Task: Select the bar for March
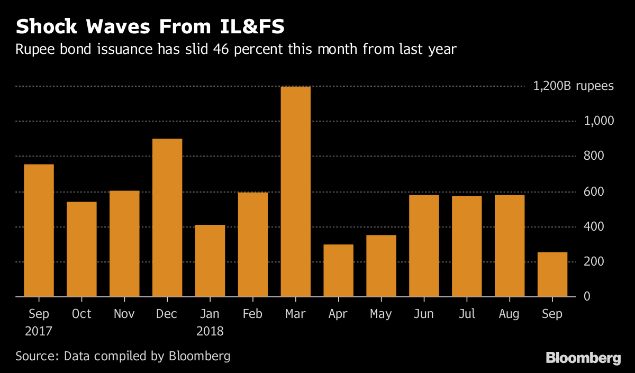tap(295, 192)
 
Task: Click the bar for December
tap(167, 217)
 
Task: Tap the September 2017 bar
tap(39, 230)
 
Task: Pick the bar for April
tap(338, 270)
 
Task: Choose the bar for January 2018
tap(210, 261)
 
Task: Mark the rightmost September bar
tap(552, 274)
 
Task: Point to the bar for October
tap(81, 249)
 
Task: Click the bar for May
tap(381, 266)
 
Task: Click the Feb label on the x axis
tap(252, 314)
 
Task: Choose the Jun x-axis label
tap(424, 314)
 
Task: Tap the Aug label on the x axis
tap(510, 314)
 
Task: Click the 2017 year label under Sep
tap(39, 332)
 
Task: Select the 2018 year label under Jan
tap(210, 332)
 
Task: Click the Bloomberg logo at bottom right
tap(583, 358)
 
